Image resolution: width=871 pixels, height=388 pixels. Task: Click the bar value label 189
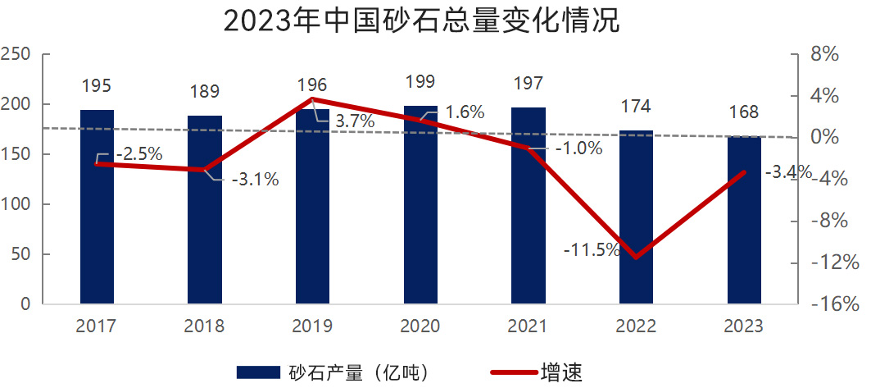click(x=204, y=90)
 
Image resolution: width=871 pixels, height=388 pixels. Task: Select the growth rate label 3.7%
click(x=356, y=121)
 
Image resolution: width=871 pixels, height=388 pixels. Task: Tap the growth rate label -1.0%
click(x=578, y=148)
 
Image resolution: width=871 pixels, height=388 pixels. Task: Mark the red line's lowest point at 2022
click(x=636, y=258)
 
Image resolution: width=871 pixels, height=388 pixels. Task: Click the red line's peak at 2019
click(x=312, y=99)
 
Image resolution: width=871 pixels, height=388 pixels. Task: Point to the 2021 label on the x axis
click(x=528, y=326)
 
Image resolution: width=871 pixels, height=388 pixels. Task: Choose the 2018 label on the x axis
click(x=204, y=326)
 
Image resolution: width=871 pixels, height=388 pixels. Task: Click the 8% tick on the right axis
click(x=826, y=54)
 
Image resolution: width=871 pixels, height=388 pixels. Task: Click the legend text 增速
click(x=560, y=372)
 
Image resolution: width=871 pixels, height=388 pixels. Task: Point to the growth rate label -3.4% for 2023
click(x=787, y=172)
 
